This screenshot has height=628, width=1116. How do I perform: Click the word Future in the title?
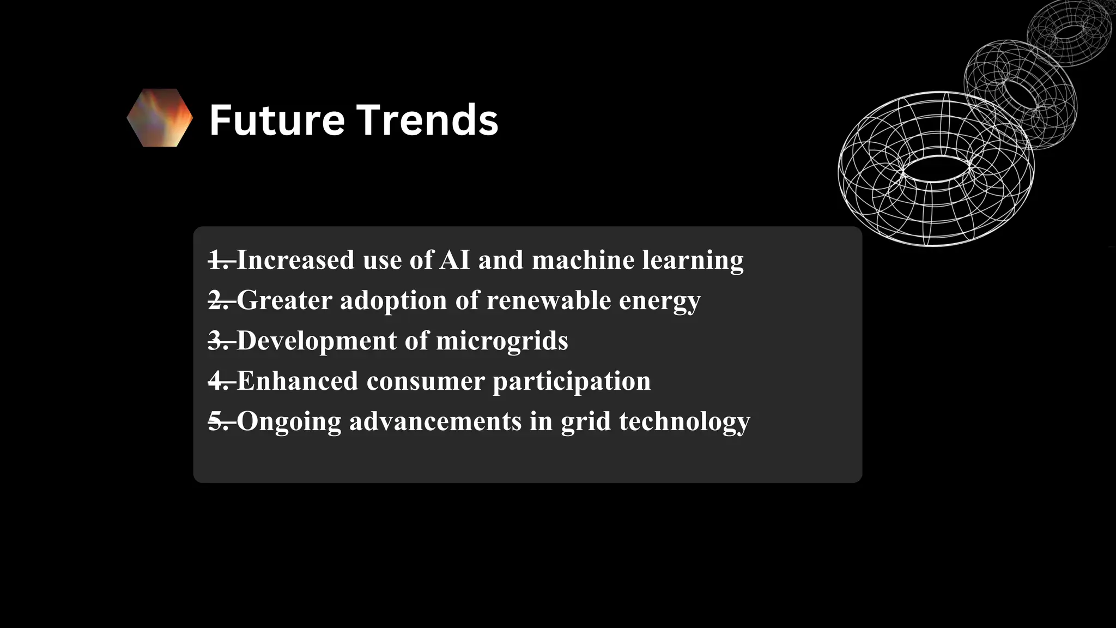pos(277,120)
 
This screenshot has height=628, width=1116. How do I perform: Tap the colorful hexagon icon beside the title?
pos(160,118)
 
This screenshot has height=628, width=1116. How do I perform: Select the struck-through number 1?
pos(219,260)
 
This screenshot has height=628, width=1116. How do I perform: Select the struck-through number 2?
pos(219,300)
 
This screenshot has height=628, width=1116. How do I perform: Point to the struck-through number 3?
pos(219,341)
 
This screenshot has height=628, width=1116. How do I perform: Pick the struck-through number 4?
pos(219,381)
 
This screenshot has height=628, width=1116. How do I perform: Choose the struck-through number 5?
pos(219,421)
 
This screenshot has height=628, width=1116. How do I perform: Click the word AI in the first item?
pos(454,260)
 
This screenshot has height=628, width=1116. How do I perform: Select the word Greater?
pos(284,300)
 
